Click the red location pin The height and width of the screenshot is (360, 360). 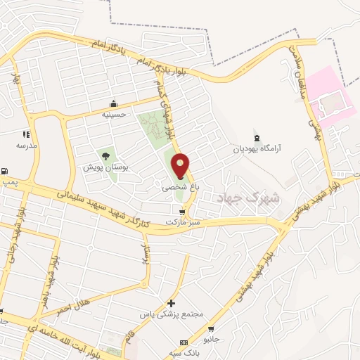(181, 165)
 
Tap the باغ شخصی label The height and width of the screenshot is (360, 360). (176, 188)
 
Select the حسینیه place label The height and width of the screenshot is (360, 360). (114, 114)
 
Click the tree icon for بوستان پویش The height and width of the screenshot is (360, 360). (106, 156)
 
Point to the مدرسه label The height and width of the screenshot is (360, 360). (27, 145)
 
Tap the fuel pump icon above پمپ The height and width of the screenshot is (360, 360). (6, 171)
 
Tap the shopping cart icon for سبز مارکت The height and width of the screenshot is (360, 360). (183, 212)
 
